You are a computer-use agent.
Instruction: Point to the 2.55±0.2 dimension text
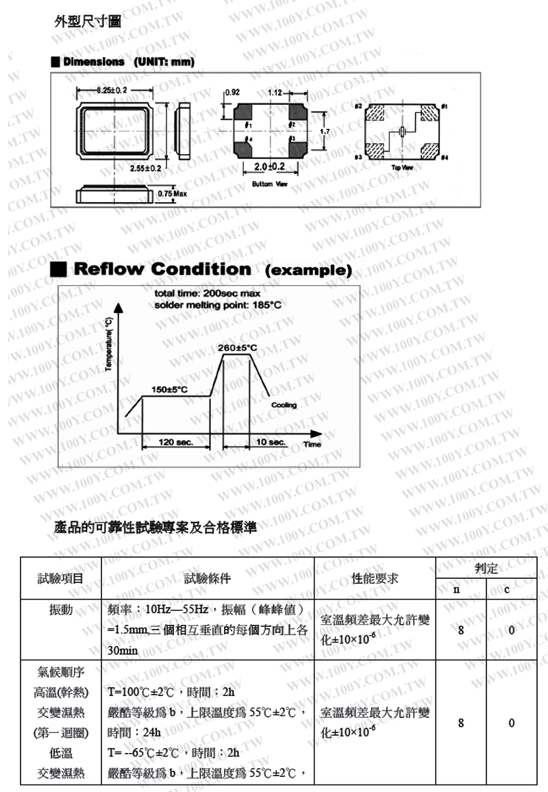145,167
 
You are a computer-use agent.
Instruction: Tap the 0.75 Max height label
172,193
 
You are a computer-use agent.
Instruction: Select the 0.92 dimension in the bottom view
232,92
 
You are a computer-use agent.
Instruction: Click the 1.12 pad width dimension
275,92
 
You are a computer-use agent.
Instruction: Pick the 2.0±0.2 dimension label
269,167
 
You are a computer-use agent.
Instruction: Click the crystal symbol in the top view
402,132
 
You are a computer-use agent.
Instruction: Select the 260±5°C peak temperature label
237,347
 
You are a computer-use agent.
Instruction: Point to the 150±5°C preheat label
169,389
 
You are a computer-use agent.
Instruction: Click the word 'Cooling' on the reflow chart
284,405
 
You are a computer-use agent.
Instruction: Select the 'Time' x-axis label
312,444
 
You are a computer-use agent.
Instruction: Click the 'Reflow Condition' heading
162,269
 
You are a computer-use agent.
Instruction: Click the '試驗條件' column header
208,578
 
